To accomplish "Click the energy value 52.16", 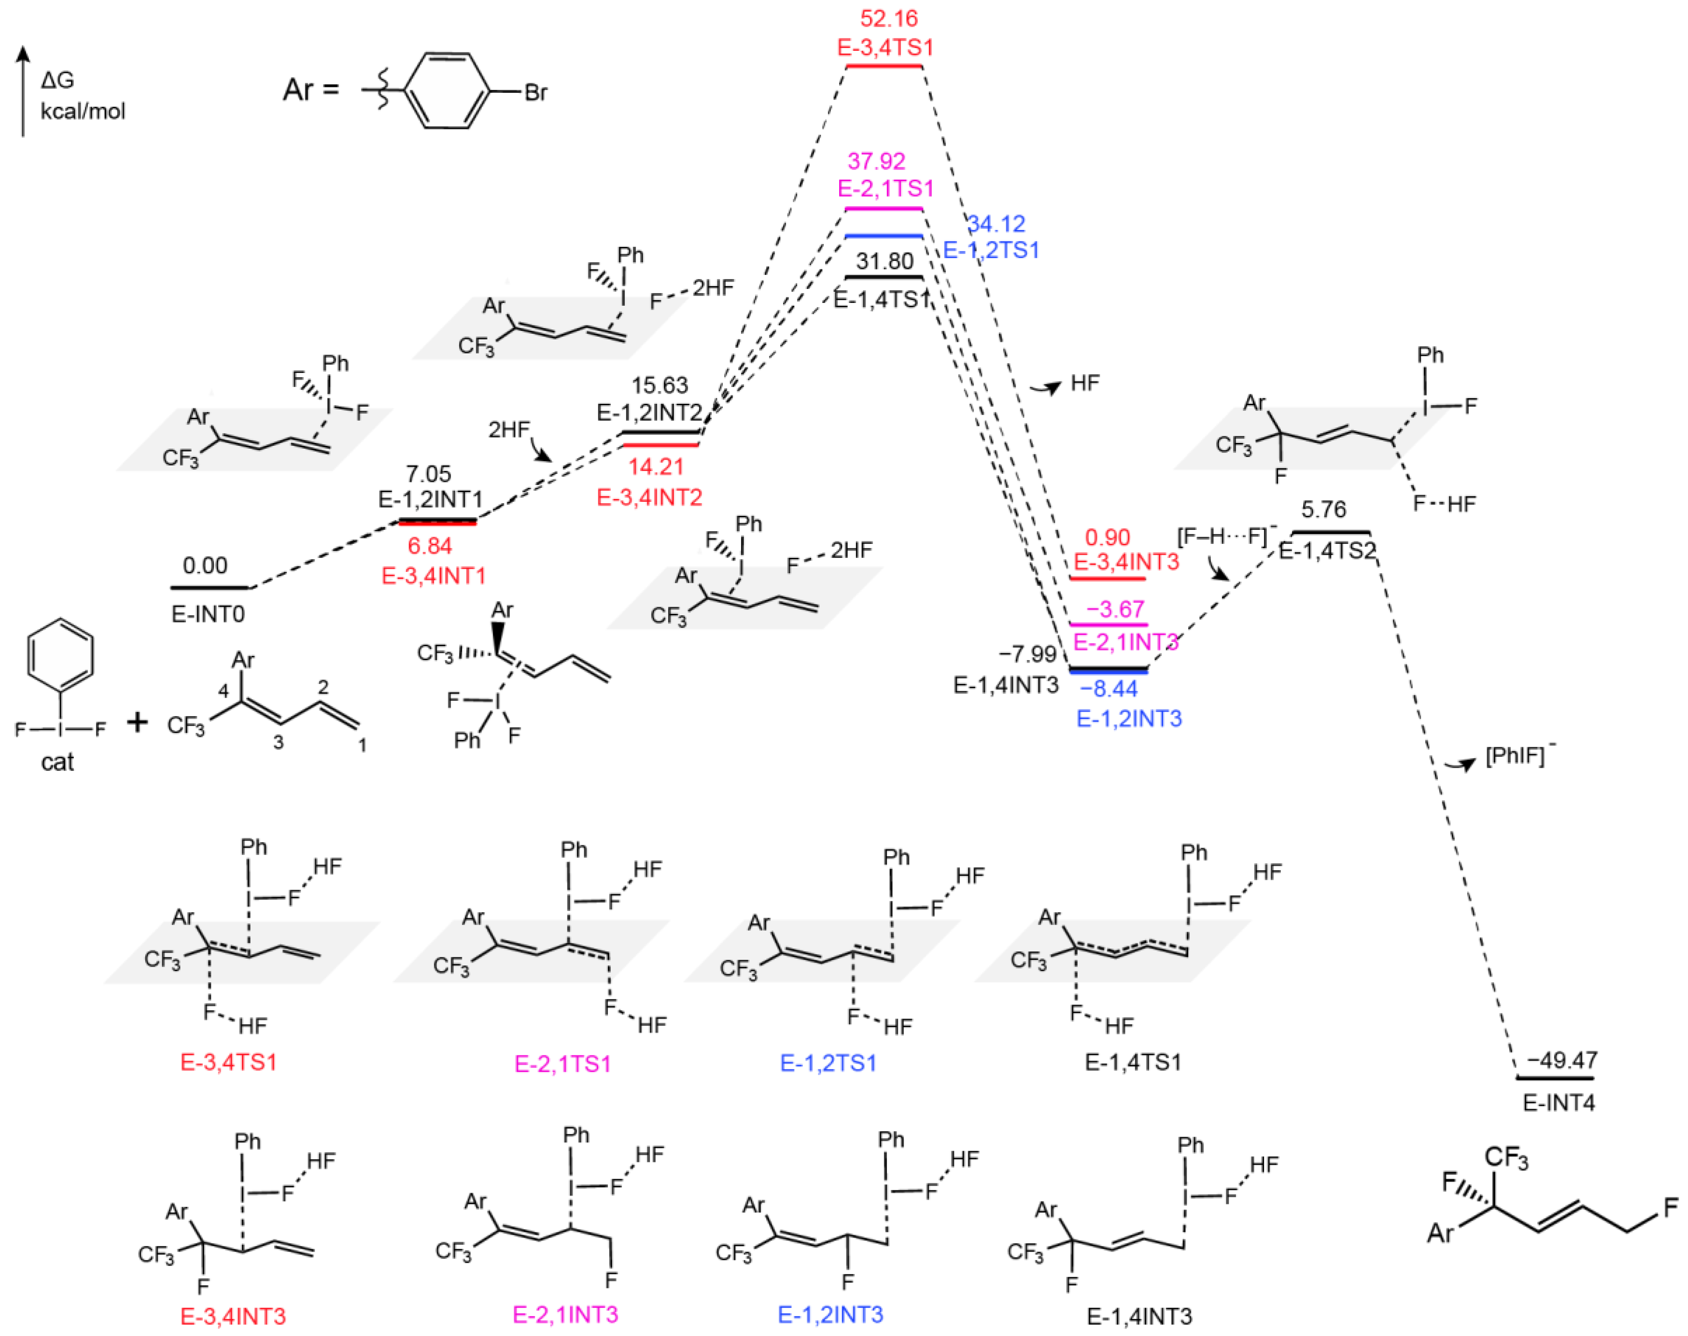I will tap(888, 18).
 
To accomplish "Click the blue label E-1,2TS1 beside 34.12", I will tap(991, 250).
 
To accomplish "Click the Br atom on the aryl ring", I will tap(536, 92).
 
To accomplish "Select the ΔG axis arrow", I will tap(23, 90).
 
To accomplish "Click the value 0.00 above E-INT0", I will tap(205, 565).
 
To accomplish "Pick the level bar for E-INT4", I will tap(1555, 1078).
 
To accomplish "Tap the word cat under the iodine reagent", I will tap(57, 762).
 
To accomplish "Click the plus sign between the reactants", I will tap(137, 722).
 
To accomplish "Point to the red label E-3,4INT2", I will tap(649, 498).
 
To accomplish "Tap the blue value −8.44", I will tap(1109, 689).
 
